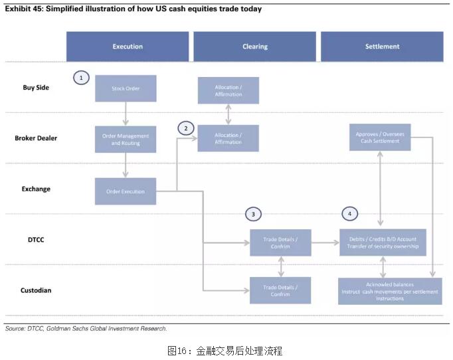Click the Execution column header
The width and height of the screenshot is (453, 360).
pos(127,46)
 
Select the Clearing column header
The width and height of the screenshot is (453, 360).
pos(254,46)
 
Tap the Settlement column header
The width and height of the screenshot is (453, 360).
pos(382,46)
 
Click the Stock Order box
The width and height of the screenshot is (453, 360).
pos(126,88)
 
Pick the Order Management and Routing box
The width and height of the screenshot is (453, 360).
pos(126,139)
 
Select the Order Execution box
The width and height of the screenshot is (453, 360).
pos(126,191)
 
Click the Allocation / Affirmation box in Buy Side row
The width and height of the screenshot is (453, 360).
pos(228,90)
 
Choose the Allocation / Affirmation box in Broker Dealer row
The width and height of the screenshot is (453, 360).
pos(228,138)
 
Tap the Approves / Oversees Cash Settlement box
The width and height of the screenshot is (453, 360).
pos(380,137)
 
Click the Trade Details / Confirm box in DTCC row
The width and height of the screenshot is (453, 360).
pos(280,242)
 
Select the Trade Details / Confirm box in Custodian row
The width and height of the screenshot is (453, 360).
pos(280,290)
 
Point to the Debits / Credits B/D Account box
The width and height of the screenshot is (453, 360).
pos(382,242)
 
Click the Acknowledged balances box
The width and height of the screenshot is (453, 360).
pos(389,291)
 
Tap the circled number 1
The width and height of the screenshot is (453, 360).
pos(81,78)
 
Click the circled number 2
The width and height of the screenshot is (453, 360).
pos(186,127)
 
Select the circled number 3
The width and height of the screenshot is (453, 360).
pos(252,214)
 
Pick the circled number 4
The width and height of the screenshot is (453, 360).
pos(350,214)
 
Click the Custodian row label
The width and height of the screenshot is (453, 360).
pos(37,290)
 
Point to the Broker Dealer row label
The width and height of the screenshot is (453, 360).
pos(36,138)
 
